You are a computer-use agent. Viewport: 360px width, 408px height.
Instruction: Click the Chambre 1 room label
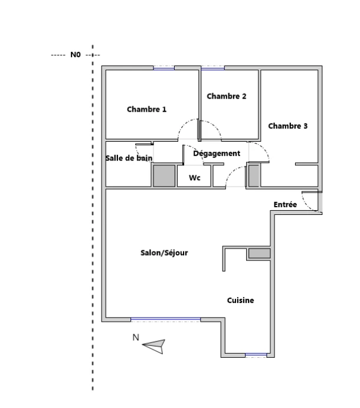[x=146, y=109]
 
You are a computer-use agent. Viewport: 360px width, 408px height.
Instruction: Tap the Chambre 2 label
[x=226, y=96]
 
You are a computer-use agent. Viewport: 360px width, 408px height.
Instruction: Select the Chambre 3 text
[x=287, y=126]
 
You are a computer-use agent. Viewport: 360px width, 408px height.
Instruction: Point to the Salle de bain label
[x=129, y=158]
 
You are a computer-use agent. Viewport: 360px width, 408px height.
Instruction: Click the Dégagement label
[x=217, y=154]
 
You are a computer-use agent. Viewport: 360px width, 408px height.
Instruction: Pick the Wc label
[x=195, y=178]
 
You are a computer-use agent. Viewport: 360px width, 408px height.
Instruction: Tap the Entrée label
[x=285, y=204]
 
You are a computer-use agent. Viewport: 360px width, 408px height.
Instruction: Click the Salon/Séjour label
[x=164, y=253]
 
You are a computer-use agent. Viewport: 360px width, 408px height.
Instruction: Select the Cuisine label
[x=240, y=301]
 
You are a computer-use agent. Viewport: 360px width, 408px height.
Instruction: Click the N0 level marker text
[x=76, y=55]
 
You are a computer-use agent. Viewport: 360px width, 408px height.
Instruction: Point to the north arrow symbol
[x=154, y=347]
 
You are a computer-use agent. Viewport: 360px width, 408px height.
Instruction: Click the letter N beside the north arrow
[x=136, y=337]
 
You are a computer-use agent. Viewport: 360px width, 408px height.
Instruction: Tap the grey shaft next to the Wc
[x=164, y=176]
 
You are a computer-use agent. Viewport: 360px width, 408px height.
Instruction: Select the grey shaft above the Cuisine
[x=259, y=253]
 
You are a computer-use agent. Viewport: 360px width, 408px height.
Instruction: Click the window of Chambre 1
[x=163, y=68]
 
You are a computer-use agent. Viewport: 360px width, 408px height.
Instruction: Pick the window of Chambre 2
[x=213, y=68]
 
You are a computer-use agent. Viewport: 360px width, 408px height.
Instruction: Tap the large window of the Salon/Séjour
[x=165, y=319]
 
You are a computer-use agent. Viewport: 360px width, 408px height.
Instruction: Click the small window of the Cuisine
[x=256, y=355]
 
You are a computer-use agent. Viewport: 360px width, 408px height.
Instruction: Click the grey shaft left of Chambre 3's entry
[x=254, y=176]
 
